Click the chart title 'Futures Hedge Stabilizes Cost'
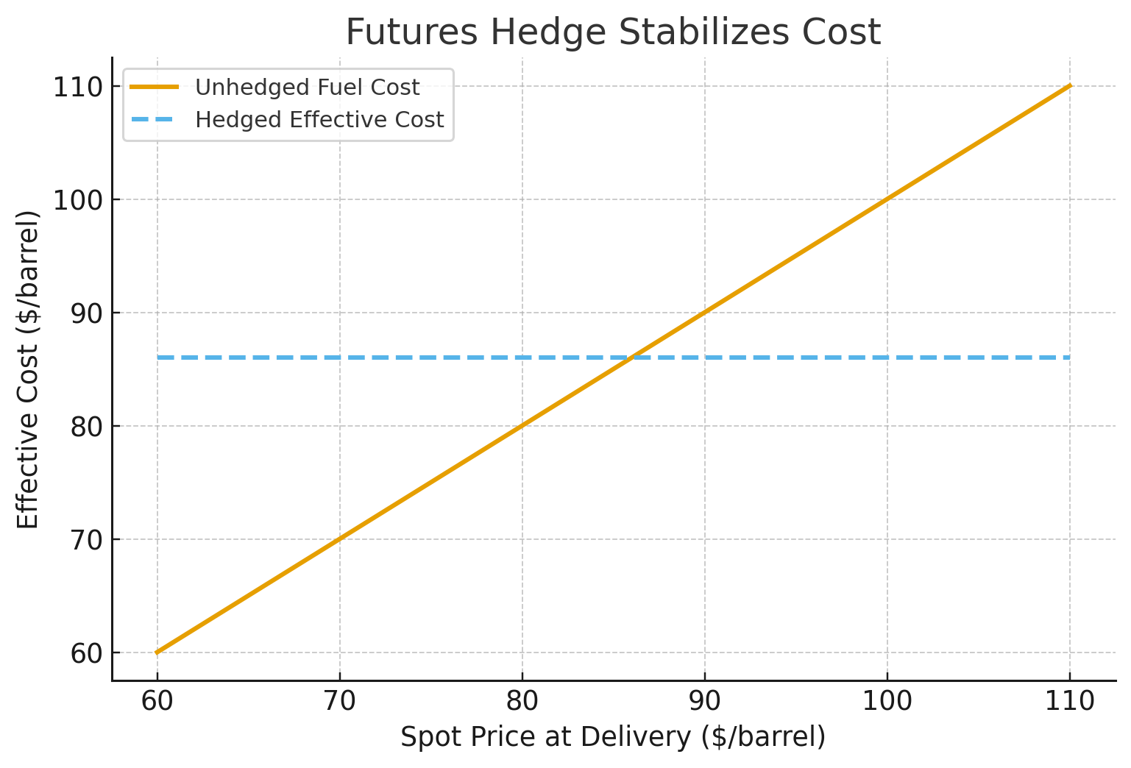click(613, 32)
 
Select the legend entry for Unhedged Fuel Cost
click(307, 88)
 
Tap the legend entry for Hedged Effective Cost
click(319, 119)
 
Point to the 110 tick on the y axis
click(76, 87)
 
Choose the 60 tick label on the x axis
click(157, 701)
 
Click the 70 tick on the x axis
click(339, 701)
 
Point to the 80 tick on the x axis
click(522, 701)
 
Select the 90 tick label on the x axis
click(704, 701)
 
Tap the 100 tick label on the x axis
click(887, 701)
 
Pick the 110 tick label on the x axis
click(1069, 701)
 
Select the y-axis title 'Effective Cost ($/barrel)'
click(28, 369)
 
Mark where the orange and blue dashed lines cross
click(631, 358)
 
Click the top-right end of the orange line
click(1069, 86)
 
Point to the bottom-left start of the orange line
click(157, 653)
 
